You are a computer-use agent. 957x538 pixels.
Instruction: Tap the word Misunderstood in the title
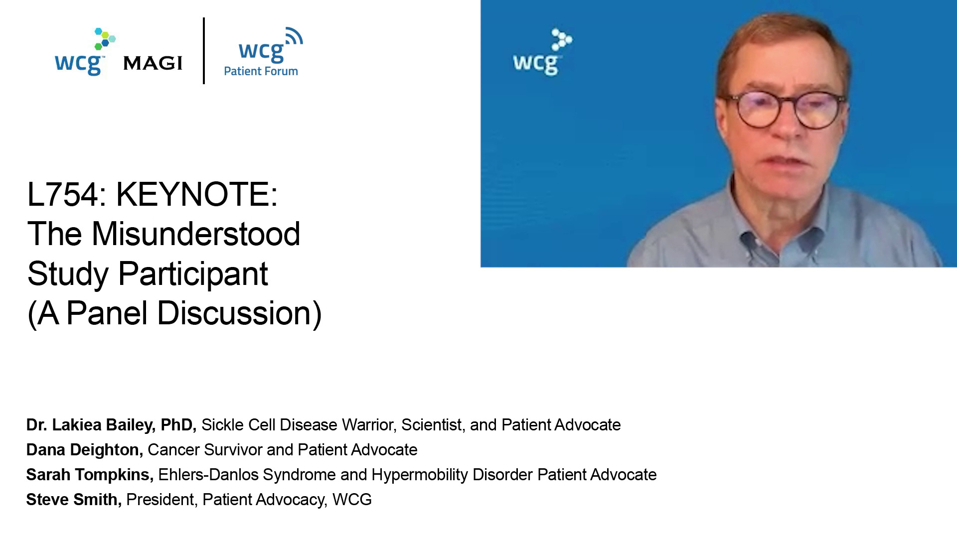[x=196, y=234]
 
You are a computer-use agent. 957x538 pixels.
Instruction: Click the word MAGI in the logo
[x=153, y=63]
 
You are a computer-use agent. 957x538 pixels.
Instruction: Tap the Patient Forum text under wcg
[x=261, y=71]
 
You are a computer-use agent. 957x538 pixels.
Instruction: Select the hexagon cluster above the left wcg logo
[x=105, y=39]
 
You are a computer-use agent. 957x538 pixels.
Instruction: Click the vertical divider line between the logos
[x=204, y=51]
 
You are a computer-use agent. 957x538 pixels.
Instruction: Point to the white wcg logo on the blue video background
[x=542, y=52]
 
